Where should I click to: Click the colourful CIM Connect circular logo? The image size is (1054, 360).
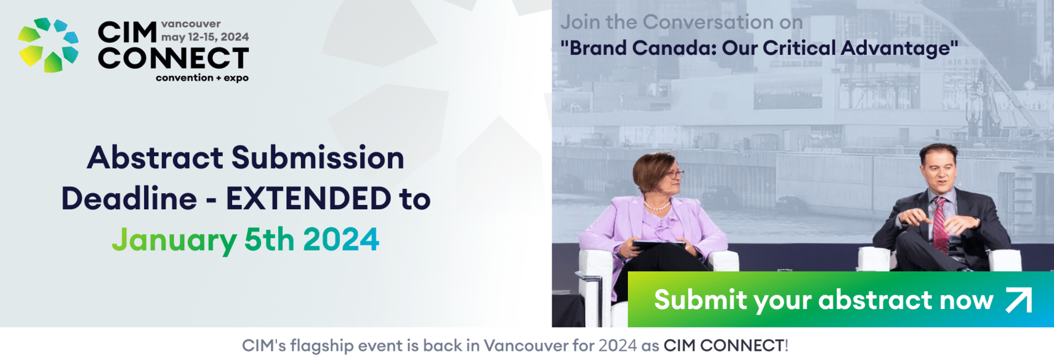pos(48,45)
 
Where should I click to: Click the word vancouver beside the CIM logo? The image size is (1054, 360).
pos(191,23)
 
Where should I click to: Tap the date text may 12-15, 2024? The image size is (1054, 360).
pos(205,37)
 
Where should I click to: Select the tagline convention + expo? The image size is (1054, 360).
pos(203,78)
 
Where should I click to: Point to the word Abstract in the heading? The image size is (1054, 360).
pos(155,157)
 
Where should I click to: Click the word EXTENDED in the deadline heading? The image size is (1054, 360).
pos(308,198)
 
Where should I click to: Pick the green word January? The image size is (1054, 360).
pos(174,240)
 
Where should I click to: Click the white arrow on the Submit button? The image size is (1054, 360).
pos(1019,300)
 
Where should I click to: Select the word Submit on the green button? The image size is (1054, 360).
pos(700,299)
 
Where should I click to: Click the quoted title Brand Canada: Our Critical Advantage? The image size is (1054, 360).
pos(759,48)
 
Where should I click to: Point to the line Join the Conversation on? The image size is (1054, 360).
pos(682,22)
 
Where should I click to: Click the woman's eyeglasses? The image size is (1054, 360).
pos(673,175)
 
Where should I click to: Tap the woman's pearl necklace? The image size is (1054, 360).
pos(657,206)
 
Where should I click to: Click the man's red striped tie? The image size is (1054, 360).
pos(940,224)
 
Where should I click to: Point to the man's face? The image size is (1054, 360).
pos(939,170)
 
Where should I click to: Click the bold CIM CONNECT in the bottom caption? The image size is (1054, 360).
pos(723,346)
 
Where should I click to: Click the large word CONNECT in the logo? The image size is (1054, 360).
pos(173,58)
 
